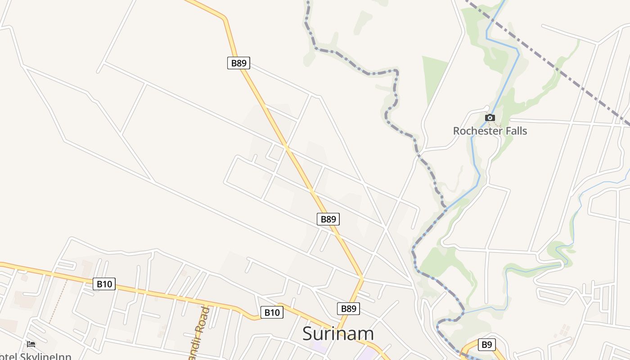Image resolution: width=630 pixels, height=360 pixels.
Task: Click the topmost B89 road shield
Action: tap(238, 63)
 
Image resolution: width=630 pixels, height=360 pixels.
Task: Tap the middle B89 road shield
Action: tap(328, 219)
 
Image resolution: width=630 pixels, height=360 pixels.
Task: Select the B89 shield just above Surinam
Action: tap(348, 309)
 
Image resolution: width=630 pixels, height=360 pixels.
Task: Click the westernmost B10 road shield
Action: tap(104, 284)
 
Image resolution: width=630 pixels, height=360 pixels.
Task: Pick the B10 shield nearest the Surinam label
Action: tap(272, 312)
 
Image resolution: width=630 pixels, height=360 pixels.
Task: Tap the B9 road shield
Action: tap(486, 345)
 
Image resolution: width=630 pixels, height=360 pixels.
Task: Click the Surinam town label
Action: tap(338, 334)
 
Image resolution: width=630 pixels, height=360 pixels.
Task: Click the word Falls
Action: tap(516, 131)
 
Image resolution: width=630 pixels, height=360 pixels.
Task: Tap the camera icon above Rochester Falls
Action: tap(490, 118)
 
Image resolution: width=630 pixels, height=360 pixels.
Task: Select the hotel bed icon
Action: tap(31, 344)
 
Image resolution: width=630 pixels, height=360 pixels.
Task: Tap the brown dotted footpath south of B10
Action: tap(58, 301)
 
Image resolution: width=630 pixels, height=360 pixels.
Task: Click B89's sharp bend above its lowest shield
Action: tap(361, 279)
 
